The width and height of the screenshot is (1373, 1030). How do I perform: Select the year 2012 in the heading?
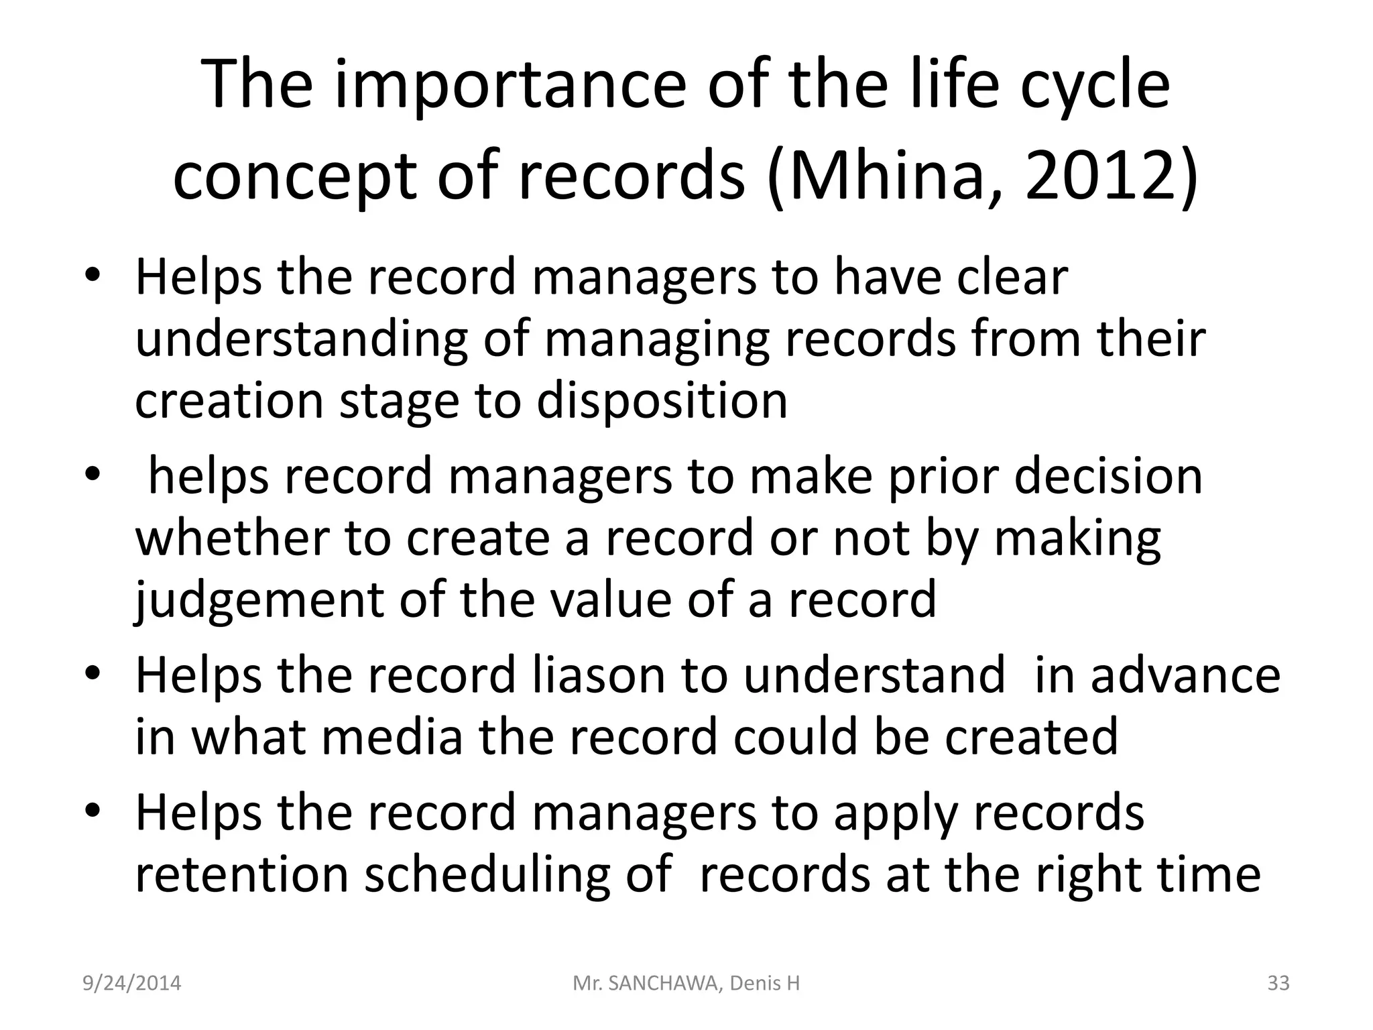pos(1100,177)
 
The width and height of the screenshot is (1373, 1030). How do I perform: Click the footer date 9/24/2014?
pos(131,983)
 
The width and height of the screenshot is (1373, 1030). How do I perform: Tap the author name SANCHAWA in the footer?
pos(661,983)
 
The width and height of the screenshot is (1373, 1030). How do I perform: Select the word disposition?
pos(662,401)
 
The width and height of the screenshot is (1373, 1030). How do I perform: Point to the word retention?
pos(242,874)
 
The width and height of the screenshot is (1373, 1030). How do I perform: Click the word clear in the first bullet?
pos(1012,277)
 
